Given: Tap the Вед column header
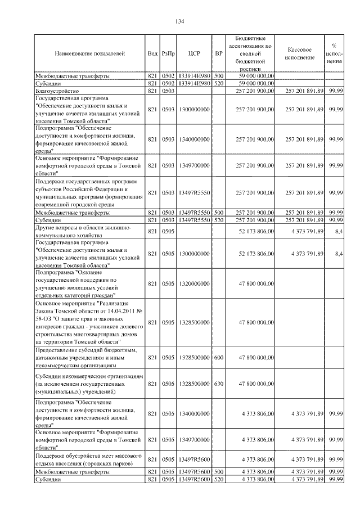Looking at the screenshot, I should (x=152, y=53).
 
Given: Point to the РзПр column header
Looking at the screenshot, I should (x=168, y=53).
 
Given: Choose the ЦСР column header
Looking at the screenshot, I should (x=194, y=53).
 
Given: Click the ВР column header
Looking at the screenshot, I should (x=219, y=53).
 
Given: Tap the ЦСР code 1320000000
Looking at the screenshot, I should (x=194, y=283).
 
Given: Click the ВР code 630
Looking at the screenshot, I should (x=219, y=384).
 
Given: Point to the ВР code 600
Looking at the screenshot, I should (x=219, y=357).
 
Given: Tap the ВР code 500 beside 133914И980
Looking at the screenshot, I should (x=219, y=75).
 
